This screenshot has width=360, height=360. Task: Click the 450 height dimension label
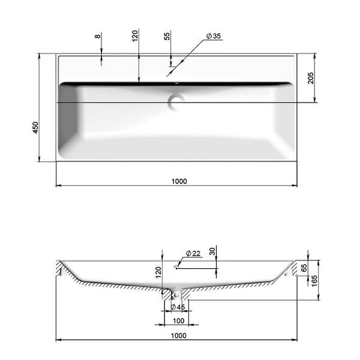[x=35, y=128]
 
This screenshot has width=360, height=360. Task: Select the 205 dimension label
[x=310, y=78]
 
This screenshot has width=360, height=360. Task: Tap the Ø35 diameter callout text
[x=213, y=36]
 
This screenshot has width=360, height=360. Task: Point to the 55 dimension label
[x=167, y=36]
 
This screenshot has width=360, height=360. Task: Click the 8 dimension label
[x=98, y=36]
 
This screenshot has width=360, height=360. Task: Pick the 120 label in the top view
[x=135, y=36]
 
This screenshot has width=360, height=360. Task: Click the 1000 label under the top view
[x=179, y=181]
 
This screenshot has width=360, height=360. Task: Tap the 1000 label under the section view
[x=179, y=335]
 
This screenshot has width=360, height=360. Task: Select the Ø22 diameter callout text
[x=193, y=253]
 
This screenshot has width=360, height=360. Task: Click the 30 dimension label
[x=212, y=251]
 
